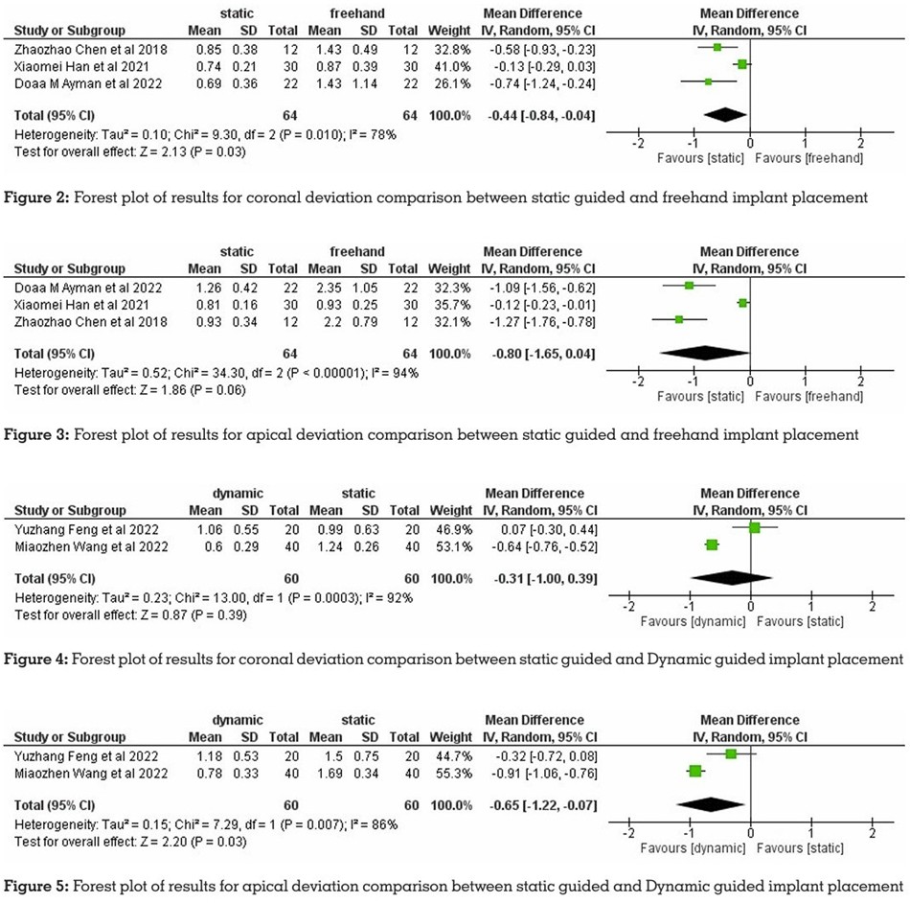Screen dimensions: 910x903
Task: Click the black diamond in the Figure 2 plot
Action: [x=725, y=115]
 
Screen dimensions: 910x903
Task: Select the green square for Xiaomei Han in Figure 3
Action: [x=743, y=303]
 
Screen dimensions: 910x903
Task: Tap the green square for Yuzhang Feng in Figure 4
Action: [x=755, y=527]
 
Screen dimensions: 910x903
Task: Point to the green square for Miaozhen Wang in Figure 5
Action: [x=695, y=771]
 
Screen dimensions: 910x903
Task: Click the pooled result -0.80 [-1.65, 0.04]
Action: [x=542, y=354]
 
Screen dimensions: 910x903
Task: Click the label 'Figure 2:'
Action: [x=36, y=197]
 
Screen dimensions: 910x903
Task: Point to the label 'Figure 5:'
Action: [x=36, y=886]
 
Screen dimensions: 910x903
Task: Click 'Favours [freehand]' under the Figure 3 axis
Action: [x=809, y=396]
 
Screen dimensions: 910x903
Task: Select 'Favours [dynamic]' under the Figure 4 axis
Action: [x=693, y=621]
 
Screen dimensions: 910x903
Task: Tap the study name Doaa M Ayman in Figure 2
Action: [x=88, y=83]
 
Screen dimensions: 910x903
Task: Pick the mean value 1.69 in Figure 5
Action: [x=330, y=774]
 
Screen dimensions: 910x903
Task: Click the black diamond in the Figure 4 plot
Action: [x=732, y=578]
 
